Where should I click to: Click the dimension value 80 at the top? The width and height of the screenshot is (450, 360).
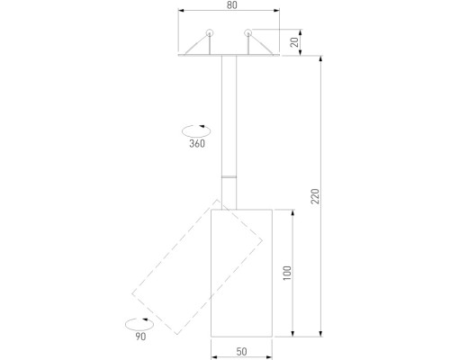coord(231,6)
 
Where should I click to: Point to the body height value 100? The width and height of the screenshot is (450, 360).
coord(287,273)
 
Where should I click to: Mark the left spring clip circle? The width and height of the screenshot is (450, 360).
coord(209,33)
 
